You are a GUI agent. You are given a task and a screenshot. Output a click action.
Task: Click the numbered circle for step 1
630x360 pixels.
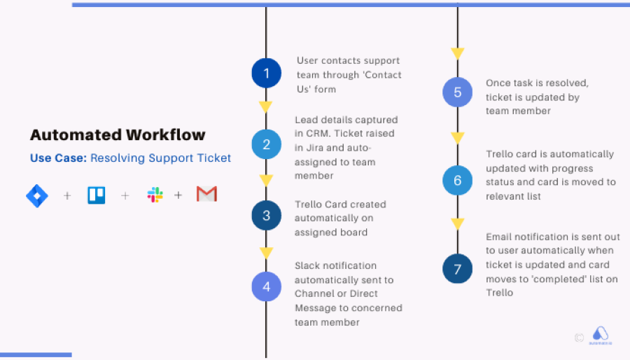click(x=267, y=73)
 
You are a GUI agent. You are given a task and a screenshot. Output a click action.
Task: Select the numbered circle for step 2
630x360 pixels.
click(x=267, y=144)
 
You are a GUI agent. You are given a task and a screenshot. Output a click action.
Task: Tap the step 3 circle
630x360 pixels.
click(x=267, y=215)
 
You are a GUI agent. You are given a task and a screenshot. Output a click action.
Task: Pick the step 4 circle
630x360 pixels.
click(x=267, y=286)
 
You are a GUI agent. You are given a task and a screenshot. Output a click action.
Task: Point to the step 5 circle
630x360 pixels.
click(x=457, y=92)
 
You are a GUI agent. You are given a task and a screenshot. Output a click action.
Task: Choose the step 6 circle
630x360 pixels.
click(x=457, y=181)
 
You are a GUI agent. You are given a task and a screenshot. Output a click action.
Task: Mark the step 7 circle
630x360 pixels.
click(x=457, y=269)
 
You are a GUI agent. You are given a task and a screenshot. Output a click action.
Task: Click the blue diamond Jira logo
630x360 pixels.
click(x=37, y=195)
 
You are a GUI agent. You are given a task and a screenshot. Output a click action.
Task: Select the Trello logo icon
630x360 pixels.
click(x=97, y=195)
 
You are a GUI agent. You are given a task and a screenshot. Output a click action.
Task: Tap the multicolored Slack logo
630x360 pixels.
click(x=155, y=195)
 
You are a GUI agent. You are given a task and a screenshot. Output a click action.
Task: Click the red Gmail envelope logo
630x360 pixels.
click(x=207, y=194)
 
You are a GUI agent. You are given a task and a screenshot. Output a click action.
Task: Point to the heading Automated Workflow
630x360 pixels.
click(x=118, y=134)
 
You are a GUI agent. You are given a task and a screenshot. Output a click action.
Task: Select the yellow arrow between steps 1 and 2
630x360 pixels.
click(x=266, y=106)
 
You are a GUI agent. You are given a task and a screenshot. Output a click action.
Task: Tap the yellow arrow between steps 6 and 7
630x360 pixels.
click(x=457, y=224)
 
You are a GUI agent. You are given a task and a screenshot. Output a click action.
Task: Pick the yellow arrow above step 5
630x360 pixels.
click(x=457, y=53)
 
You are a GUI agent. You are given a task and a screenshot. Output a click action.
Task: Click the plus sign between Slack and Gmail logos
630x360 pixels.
click(x=178, y=195)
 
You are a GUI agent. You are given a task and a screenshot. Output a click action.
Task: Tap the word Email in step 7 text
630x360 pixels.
click(x=498, y=237)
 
